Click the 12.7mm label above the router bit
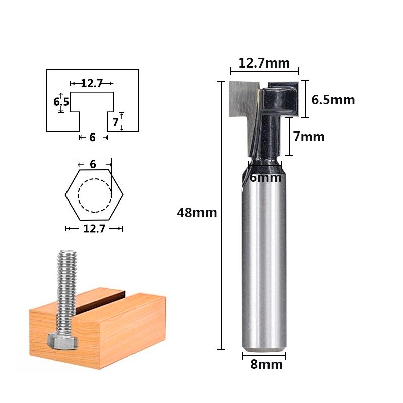[264, 63]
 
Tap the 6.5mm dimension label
[333, 100]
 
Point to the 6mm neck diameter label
[265, 178]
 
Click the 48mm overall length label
[196, 213]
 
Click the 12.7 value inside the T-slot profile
[92, 83]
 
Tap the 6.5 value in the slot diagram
[61, 102]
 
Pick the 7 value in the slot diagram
[115, 122]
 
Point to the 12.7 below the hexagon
[94, 229]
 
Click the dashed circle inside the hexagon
[94, 195]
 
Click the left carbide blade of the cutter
[239, 98]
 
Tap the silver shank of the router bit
[264, 262]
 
